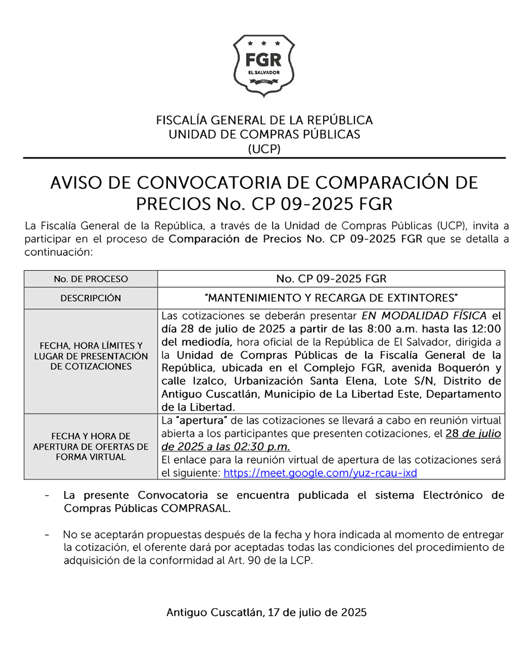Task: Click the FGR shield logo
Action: click(264, 65)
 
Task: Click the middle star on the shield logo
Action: click(264, 43)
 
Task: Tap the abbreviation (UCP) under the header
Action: click(264, 149)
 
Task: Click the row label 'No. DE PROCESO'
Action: click(91, 279)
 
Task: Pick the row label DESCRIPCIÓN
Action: click(91, 298)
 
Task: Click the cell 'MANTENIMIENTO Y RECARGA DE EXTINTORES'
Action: click(331, 297)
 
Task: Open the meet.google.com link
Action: click(321, 472)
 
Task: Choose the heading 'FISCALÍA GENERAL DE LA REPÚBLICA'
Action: click(264, 120)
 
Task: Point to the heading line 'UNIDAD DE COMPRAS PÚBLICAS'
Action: click(264, 135)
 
